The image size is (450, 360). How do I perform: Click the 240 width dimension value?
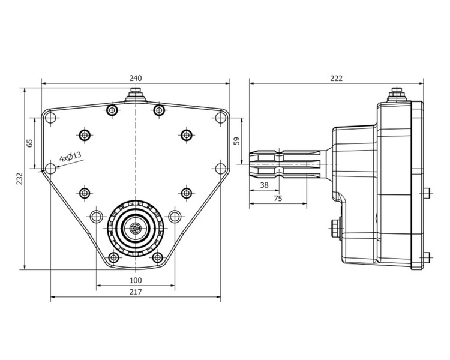(135, 78)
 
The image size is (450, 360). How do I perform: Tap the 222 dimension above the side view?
(336, 78)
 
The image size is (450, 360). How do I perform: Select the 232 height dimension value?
(20, 179)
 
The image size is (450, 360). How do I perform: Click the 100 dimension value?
(135, 280)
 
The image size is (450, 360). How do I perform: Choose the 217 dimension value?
(135, 292)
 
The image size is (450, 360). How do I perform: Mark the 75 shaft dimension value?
(278, 197)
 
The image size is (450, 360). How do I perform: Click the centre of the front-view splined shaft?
(136, 228)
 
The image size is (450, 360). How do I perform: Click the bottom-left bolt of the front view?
(113, 257)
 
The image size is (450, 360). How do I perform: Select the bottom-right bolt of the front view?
(158, 257)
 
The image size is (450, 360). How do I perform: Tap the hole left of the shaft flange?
(96, 217)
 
